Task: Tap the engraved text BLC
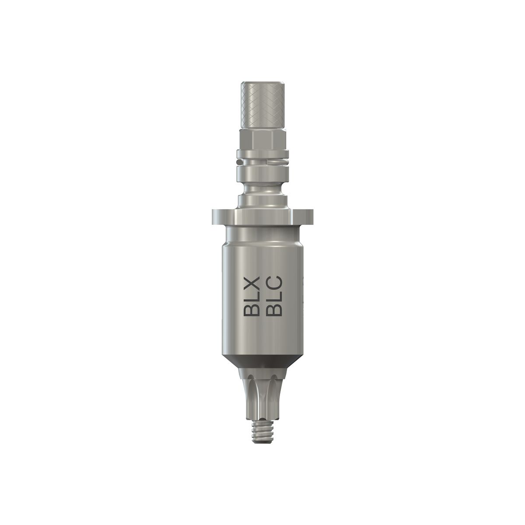pyautogui.click(x=276, y=296)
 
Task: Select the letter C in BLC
pyautogui.click(x=276, y=283)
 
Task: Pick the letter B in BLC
pyautogui.click(x=276, y=309)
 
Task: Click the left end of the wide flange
pyautogui.click(x=214, y=215)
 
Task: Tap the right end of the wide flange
pyautogui.click(x=311, y=215)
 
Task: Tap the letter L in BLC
pyautogui.click(x=276, y=297)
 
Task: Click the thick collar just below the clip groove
pyautogui.click(x=262, y=173)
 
